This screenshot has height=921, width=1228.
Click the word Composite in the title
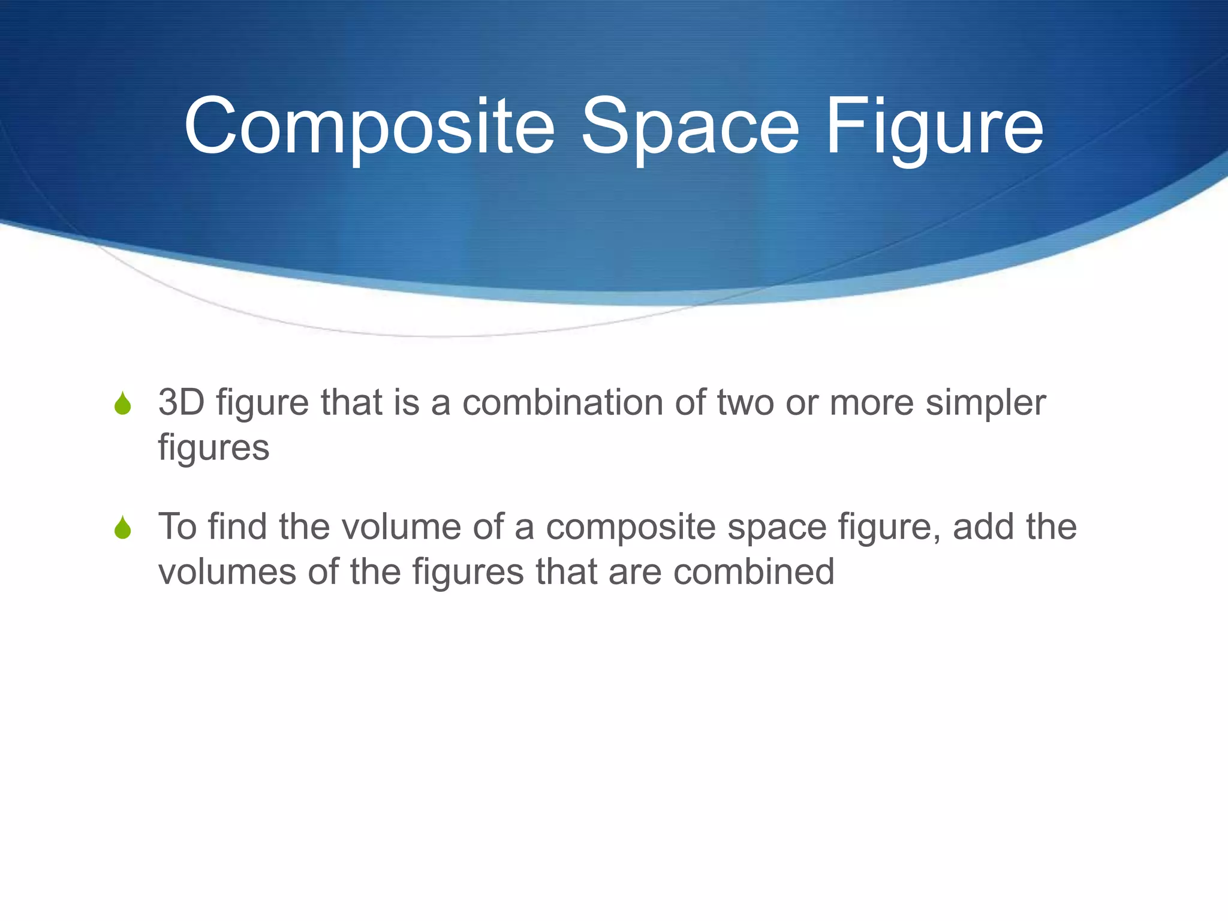[369, 127]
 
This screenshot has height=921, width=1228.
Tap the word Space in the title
[690, 127]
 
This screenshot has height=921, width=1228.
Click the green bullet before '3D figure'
[123, 404]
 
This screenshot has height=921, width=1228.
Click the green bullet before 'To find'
[123, 528]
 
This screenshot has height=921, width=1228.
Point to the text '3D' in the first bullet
[181, 402]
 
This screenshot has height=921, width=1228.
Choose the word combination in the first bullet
[562, 402]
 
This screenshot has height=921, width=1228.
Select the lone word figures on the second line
[213, 448]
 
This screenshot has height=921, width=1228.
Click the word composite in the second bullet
[630, 528]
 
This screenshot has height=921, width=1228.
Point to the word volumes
[227, 571]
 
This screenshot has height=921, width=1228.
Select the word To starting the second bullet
[177, 526]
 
